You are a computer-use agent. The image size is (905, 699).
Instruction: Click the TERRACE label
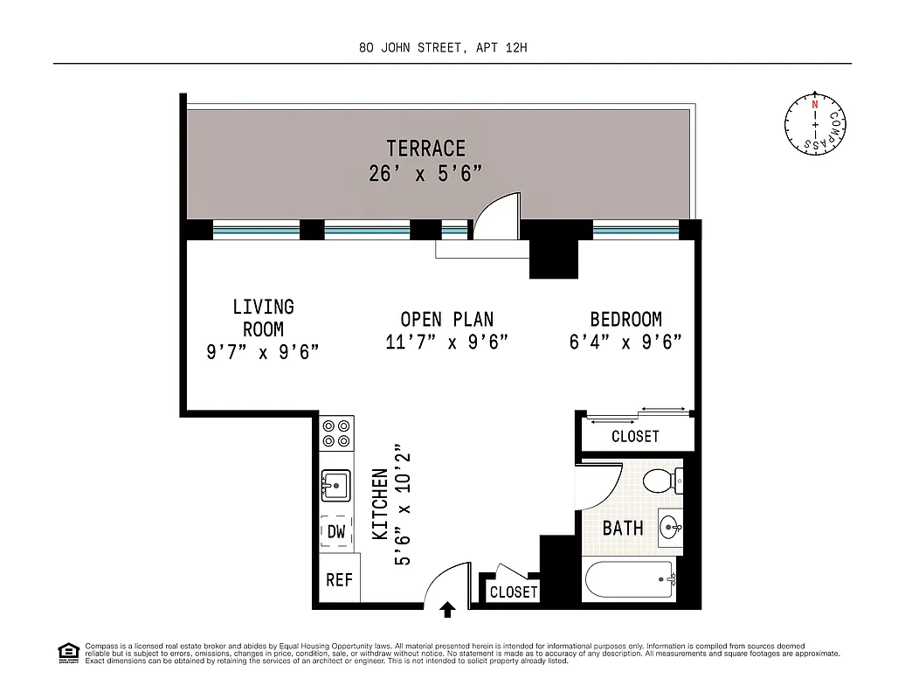tap(426, 149)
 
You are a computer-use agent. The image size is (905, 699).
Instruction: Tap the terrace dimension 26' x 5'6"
tap(426, 174)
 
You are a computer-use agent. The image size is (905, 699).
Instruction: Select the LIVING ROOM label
tap(263, 318)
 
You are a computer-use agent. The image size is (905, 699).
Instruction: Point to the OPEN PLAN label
tap(446, 320)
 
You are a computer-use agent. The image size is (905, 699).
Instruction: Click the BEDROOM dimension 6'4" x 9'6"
tap(625, 342)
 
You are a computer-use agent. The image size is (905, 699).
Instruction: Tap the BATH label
tap(623, 528)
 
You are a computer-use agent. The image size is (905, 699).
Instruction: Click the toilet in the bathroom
tap(661, 480)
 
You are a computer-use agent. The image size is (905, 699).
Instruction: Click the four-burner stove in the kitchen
tap(336, 433)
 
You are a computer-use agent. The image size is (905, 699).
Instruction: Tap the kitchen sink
tap(335, 484)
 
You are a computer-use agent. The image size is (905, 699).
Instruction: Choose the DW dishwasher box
tap(336, 531)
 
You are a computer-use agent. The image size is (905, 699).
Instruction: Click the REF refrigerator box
tap(339, 580)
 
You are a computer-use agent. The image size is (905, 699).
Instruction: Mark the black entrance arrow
tap(448, 609)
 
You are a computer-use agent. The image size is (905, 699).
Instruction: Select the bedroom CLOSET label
tap(635, 436)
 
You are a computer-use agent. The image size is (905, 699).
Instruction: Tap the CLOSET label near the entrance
tap(514, 592)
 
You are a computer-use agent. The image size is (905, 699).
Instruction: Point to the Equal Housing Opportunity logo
tap(67, 652)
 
